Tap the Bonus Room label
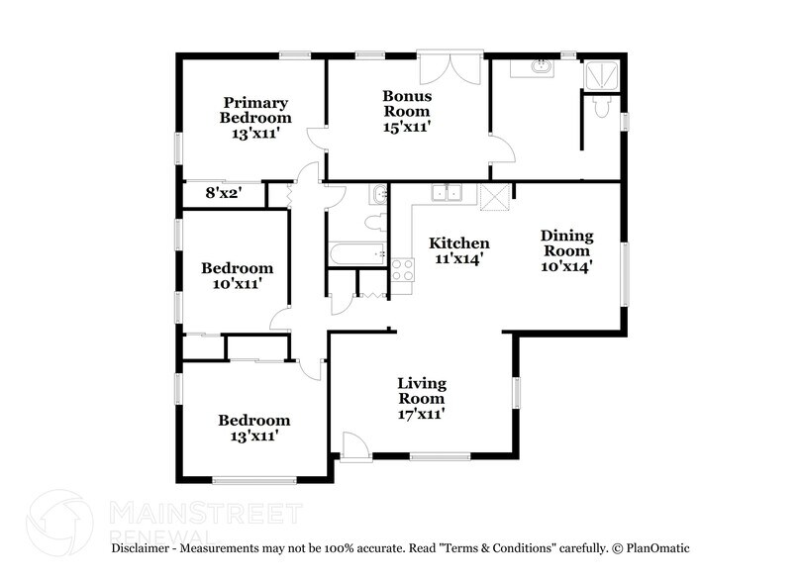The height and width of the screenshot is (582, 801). tap(406, 111)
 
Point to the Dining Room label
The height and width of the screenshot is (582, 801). tap(566, 250)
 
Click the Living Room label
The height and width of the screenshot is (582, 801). tap(422, 398)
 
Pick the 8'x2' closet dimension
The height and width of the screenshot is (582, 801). tap(224, 195)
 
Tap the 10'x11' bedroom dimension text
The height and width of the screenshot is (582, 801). tap(238, 283)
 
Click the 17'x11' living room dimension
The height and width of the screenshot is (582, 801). tap(422, 414)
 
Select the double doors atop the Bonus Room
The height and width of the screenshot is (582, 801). tap(449, 69)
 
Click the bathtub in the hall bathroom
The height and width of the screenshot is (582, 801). tap(357, 254)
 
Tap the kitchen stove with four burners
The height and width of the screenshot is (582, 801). tap(402, 269)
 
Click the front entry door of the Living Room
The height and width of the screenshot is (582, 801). tap(353, 444)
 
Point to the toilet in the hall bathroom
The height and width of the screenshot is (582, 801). tap(374, 222)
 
